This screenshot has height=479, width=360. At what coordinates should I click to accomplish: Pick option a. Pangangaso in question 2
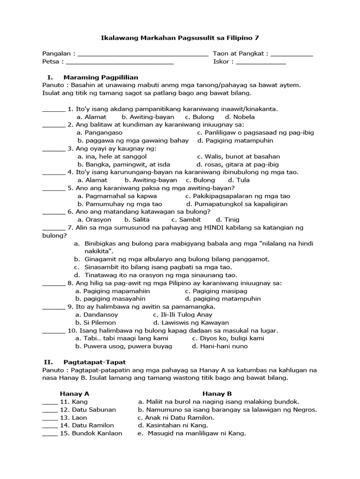pos(97,132)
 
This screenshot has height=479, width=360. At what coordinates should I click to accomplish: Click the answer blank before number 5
pos(53,188)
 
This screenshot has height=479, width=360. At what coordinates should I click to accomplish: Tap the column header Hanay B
pos(217,393)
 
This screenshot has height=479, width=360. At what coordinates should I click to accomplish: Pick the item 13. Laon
pos(73,417)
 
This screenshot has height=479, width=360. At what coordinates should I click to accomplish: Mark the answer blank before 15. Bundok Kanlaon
pos(49,433)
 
